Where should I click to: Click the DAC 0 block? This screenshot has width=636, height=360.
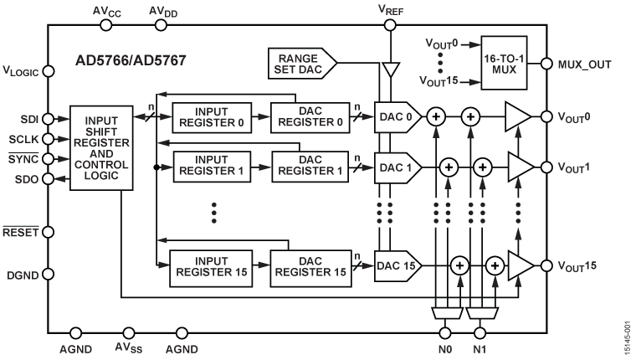[396, 119]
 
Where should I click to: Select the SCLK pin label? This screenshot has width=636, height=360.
[21, 139]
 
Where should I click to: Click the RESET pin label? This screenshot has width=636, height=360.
[20, 232]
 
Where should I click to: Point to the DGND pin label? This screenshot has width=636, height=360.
[21, 273]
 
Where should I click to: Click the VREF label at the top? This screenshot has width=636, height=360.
[390, 10]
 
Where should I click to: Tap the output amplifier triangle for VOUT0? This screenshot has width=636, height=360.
[516, 119]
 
